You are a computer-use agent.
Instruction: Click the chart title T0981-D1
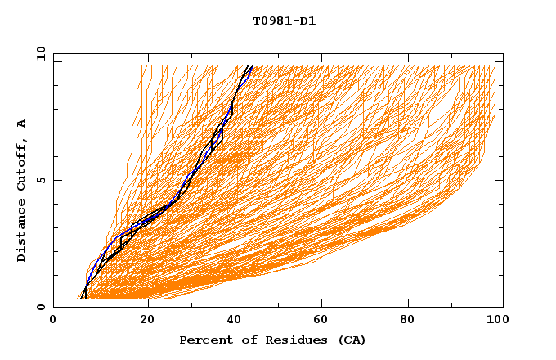pos(284,21)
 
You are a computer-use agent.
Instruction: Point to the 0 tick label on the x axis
pos(53,321)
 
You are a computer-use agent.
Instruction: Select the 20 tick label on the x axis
pos(147,321)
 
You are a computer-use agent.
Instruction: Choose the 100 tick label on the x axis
pos(495,321)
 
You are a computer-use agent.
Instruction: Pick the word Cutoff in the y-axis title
pos(22,163)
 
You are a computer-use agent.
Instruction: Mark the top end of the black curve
pos(252,66)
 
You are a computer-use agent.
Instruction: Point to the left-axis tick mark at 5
pos(56,180)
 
